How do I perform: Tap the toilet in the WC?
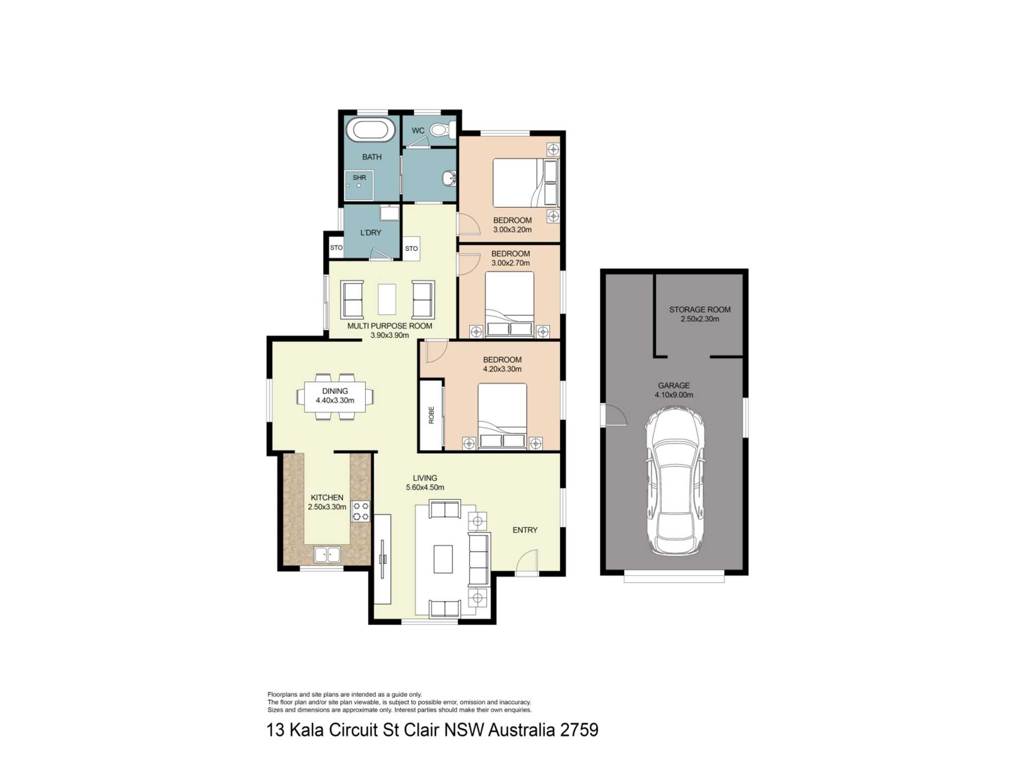coord(442,130)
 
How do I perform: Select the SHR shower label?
coord(359,178)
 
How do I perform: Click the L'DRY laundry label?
coord(371,233)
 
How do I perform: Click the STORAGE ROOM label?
coord(700,309)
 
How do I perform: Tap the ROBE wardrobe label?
coord(431,415)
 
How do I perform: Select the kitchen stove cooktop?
coord(361,512)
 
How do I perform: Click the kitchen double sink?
coord(327,554)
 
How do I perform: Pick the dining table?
coord(335,396)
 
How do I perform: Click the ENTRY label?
coord(525,530)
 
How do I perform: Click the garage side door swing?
coord(614,415)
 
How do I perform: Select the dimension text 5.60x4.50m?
coord(425,488)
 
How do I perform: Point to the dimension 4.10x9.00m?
coord(674,395)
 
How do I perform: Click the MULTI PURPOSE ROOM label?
coord(390,326)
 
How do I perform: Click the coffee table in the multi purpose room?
coord(387,299)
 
